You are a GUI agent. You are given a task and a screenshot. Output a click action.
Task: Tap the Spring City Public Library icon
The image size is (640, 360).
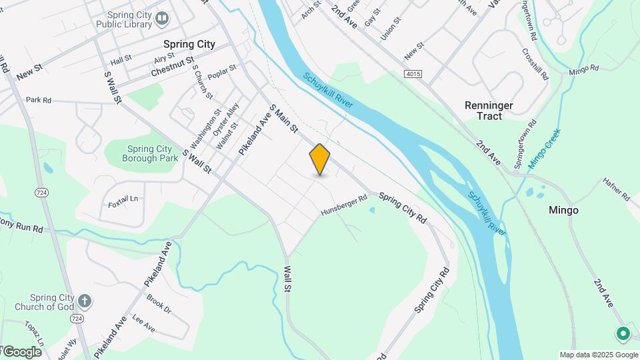162,19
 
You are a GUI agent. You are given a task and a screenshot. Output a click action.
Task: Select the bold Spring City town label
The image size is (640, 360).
189,44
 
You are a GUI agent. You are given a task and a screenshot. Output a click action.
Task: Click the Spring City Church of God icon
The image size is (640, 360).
84,301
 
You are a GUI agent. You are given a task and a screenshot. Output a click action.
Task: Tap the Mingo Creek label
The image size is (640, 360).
545,148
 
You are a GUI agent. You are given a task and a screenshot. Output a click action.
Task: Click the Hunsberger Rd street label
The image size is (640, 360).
344,205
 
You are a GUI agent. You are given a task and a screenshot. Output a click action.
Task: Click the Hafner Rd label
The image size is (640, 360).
616,189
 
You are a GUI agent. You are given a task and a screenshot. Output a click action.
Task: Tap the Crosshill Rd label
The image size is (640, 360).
535,64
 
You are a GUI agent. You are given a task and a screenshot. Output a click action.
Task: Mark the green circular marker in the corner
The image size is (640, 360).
623,332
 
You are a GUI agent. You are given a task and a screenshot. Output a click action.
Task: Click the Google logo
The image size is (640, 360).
22,351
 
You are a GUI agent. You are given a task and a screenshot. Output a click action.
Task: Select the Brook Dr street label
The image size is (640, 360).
159,304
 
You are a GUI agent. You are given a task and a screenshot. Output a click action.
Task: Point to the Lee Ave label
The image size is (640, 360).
143,324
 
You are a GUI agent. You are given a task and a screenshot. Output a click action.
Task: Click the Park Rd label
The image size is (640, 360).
39,100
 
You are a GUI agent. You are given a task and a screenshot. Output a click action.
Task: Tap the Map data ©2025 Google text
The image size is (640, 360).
598,355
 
